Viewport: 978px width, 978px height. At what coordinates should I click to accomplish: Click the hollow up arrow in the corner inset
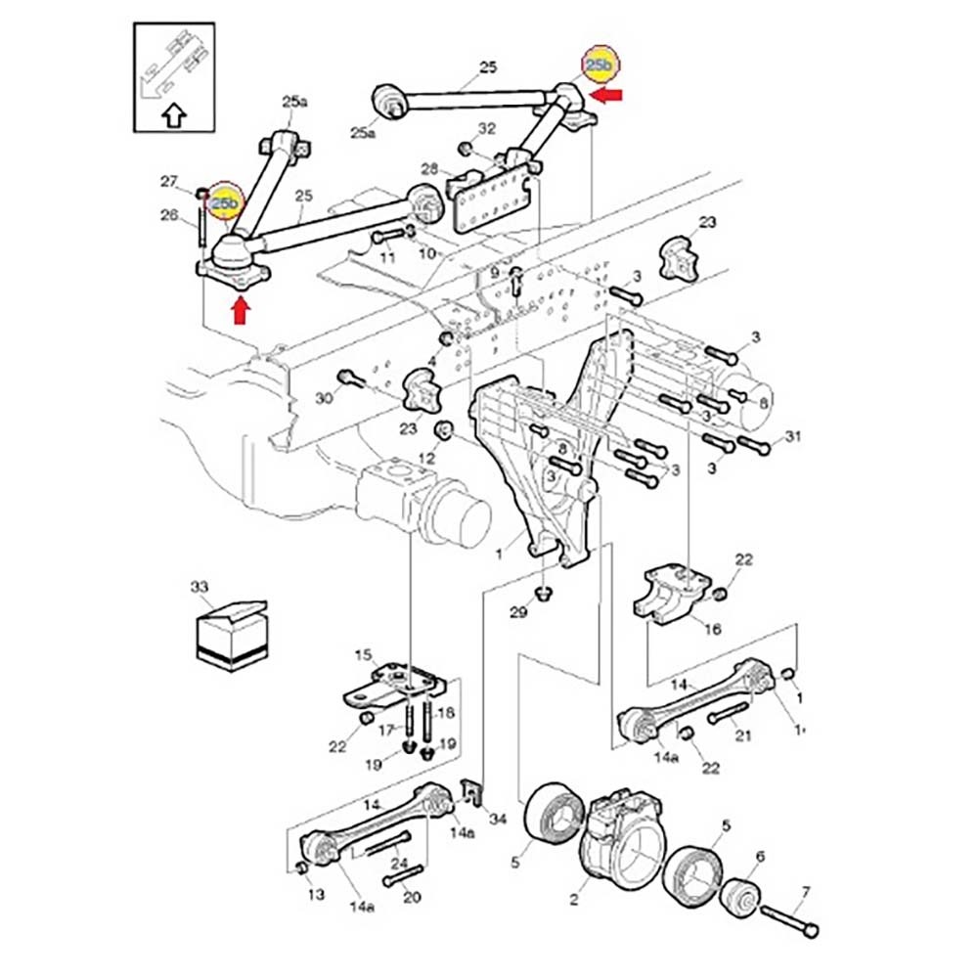pos(173,114)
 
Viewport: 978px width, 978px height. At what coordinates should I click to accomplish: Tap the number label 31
pos(791,436)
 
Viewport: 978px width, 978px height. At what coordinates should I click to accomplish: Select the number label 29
pos(518,613)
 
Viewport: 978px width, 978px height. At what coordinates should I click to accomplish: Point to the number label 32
pos(486,129)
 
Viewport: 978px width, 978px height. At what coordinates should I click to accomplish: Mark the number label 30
pos(325,398)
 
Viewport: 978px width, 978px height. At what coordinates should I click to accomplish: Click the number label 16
pos(711,629)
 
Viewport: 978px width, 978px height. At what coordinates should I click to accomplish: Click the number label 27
pos(168,180)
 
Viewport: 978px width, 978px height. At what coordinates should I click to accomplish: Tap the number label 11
pos(387,257)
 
